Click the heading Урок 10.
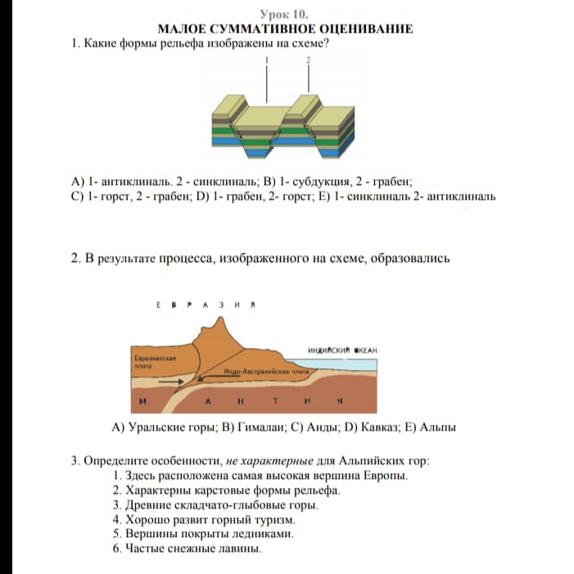[x=287, y=14]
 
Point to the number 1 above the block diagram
[x=268, y=61]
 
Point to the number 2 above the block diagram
[x=308, y=61]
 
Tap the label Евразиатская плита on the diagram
[x=150, y=362]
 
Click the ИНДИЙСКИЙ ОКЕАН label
[x=342, y=350]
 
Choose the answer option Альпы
[x=437, y=427]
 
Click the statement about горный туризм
[x=211, y=519]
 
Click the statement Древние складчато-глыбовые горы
[x=222, y=504]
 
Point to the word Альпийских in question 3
[x=365, y=460]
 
